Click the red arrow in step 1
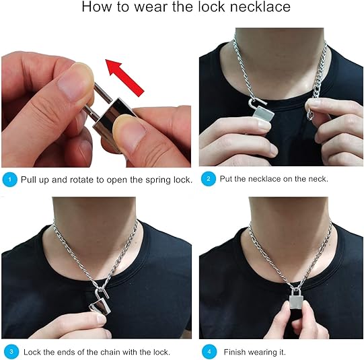point(124,77)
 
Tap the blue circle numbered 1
point(9,180)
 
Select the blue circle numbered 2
point(208,179)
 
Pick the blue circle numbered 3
point(11,352)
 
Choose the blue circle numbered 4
point(209,352)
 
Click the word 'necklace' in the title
point(260,7)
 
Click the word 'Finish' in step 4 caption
point(234,352)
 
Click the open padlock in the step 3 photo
point(100,301)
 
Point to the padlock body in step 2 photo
point(264,114)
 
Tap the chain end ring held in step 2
point(310,115)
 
